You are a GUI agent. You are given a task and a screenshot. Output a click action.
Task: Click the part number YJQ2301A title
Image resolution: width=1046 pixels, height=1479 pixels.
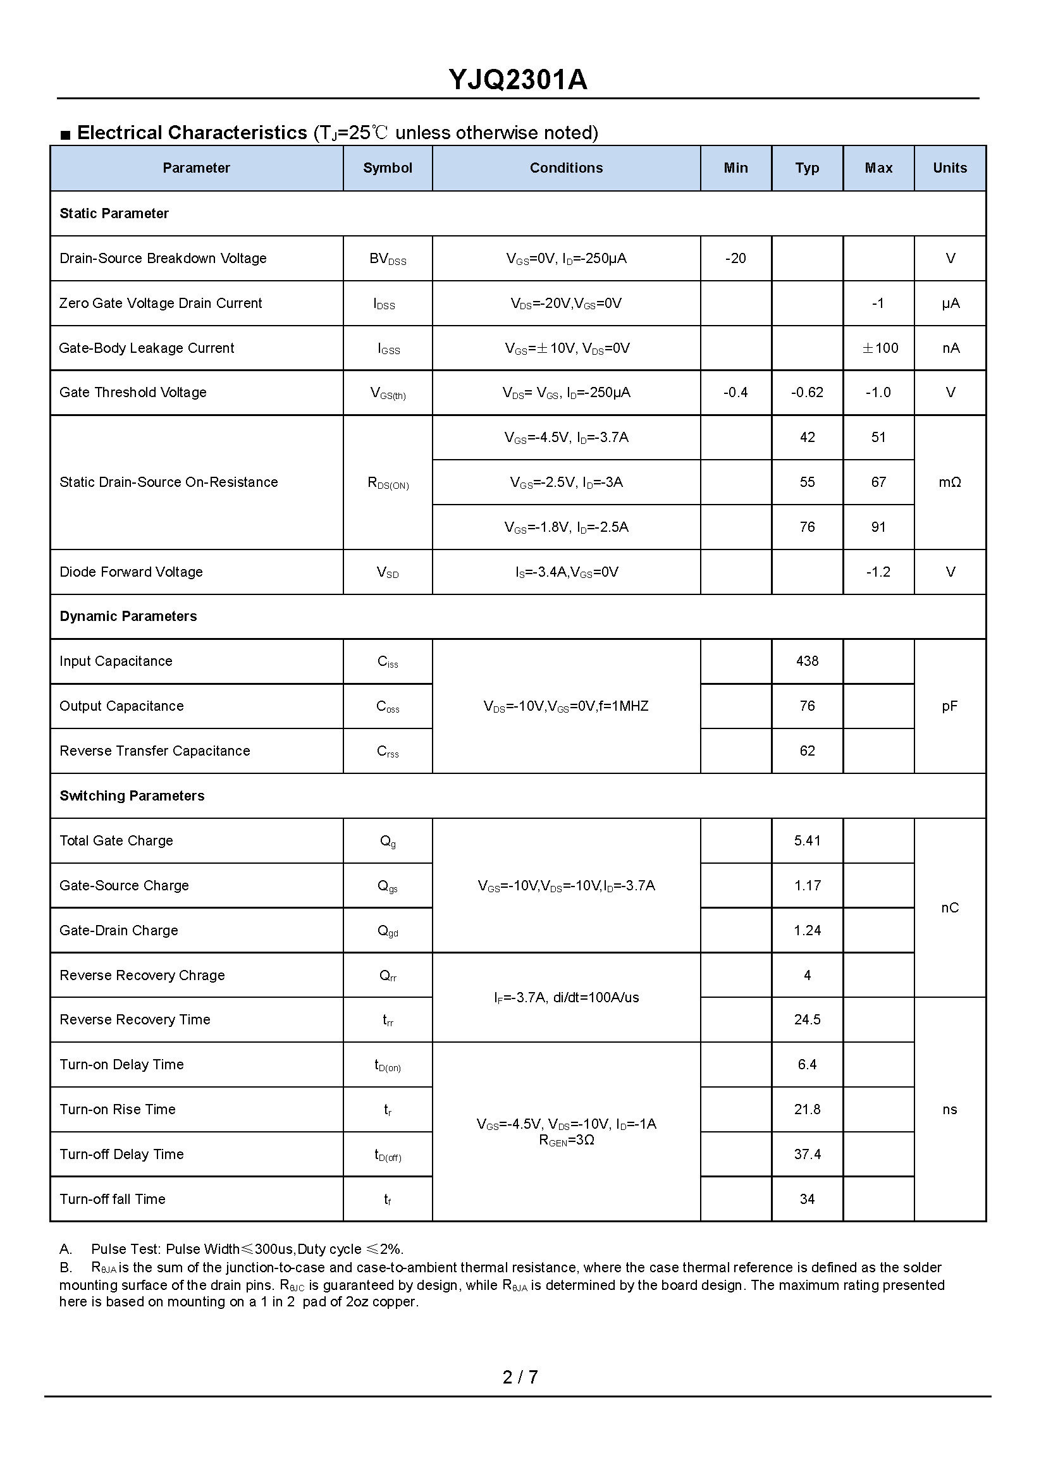point(518,80)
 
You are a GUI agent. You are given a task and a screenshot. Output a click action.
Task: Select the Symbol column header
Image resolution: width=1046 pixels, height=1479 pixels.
point(387,168)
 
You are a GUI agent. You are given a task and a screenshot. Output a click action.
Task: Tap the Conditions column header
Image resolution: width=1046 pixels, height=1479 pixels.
point(566,168)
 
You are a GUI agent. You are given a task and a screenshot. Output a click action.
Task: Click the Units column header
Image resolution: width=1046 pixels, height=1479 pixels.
point(949,168)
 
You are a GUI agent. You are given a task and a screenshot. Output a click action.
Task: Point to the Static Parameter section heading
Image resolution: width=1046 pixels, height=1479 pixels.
point(114,213)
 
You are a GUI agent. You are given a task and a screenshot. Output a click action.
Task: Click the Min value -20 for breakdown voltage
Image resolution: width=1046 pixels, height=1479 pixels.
point(735,259)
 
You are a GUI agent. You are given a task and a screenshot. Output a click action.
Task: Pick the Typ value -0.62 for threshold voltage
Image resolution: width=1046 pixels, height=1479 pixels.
point(807,392)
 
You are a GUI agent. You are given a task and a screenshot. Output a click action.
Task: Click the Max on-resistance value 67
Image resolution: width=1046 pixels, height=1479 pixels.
point(878,482)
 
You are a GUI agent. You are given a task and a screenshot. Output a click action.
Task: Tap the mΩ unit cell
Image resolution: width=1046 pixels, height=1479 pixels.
point(949,482)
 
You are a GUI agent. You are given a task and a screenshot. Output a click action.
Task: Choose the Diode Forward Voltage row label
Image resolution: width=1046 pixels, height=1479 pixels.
point(131,572)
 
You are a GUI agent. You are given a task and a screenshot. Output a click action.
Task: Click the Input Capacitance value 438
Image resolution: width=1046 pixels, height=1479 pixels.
point(807,661)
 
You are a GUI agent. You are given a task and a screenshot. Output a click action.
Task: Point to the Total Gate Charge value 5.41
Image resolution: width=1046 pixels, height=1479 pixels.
point(807,840)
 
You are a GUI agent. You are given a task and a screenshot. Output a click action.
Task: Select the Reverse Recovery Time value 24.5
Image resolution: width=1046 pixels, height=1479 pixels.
point(807,1020)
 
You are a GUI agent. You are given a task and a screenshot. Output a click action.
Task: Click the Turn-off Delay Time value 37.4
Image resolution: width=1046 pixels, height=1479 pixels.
point(807,1155)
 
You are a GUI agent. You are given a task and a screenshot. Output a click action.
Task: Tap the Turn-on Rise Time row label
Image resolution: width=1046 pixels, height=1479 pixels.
point(117,1109)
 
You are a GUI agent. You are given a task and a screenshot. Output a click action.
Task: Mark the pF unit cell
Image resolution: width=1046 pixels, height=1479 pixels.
point(949,706)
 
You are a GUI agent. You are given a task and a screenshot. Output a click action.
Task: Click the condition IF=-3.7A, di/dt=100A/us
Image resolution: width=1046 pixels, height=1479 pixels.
point(566,998)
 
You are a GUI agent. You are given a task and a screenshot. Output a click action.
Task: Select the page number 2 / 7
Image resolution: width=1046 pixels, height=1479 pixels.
point(520,1377)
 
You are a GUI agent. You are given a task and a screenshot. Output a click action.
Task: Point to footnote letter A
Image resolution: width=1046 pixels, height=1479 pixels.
point(65,1249)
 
